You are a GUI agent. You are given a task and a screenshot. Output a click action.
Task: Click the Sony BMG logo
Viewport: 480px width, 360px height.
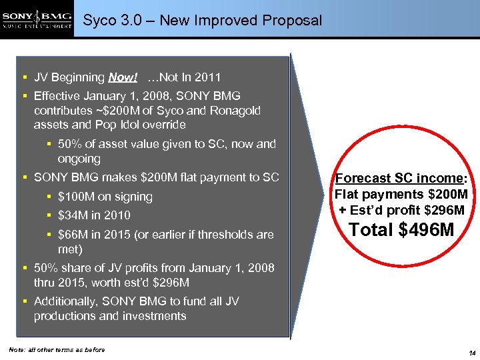(37, 19)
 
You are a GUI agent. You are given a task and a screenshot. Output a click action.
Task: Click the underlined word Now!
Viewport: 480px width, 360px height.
(123, 77)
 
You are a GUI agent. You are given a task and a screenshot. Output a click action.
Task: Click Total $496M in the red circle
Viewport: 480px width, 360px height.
(401, 231)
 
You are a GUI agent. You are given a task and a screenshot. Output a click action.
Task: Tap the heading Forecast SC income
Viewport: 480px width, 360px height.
(399, 179)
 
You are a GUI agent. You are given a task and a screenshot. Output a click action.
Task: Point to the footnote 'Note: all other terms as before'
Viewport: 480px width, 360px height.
(57, 350)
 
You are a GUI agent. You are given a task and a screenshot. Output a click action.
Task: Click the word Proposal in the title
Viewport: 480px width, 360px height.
(291, 21)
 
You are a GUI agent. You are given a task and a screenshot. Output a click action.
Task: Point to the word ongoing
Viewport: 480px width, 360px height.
(79, 159)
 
